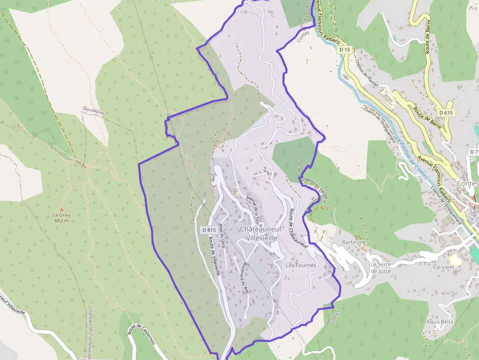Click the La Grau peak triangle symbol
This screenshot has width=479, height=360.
tap(62, 209)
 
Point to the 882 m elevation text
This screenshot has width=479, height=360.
tap(61, 220)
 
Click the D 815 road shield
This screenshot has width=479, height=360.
tap(209, 230)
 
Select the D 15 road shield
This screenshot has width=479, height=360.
tap(345, 50)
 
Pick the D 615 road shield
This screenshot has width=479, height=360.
tap(446, 112)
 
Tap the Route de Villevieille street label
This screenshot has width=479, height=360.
tap(215, 254)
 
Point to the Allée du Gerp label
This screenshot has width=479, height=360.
tap(222, 236)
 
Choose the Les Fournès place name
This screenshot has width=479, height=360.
tap(301, 265)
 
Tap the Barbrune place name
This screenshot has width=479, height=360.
tap(354, 242)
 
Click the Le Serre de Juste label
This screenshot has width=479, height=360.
tap(380, 268)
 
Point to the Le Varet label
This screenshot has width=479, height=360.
tap(444, 267)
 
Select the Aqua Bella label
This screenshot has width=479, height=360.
tap(439, 321)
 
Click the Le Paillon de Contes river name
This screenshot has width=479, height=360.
tap(412, 156)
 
